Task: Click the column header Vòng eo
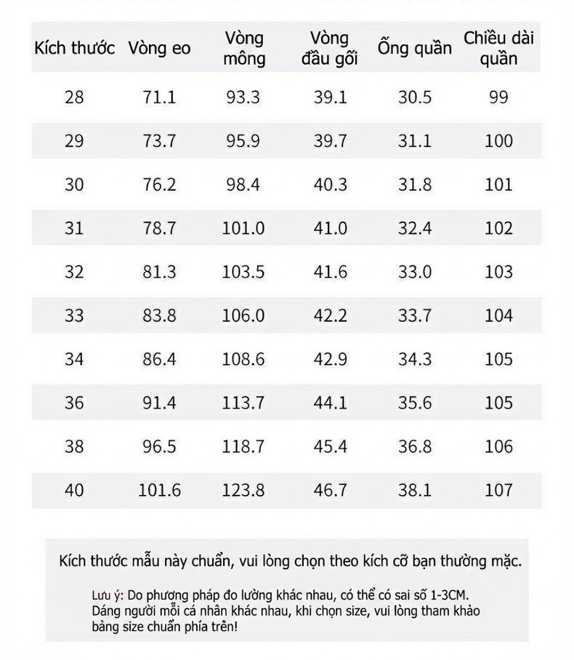[x=159, y=48]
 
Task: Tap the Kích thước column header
[x=75, y=48]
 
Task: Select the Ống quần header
[x=414, y=47]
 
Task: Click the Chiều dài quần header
[x=498, y=49]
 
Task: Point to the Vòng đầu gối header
[x=329, y=49]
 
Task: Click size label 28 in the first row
[x=74, y=97]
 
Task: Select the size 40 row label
[x=74, y=490]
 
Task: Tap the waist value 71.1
[x=159, y=97]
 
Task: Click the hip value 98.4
[x=243, y=185]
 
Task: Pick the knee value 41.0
[x=331, y=228]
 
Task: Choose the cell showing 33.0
[x=415, y=272]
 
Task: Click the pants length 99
[x=498, y=97]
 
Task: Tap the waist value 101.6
[x=160, y=490]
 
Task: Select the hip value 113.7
[x=243, y=403]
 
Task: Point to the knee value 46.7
[x=331, y=490]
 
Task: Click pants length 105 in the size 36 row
[x=498, y=403]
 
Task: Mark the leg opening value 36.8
[x=415, y=446]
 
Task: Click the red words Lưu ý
[x=108, y=595]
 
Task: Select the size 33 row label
[x=74, y=315]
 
